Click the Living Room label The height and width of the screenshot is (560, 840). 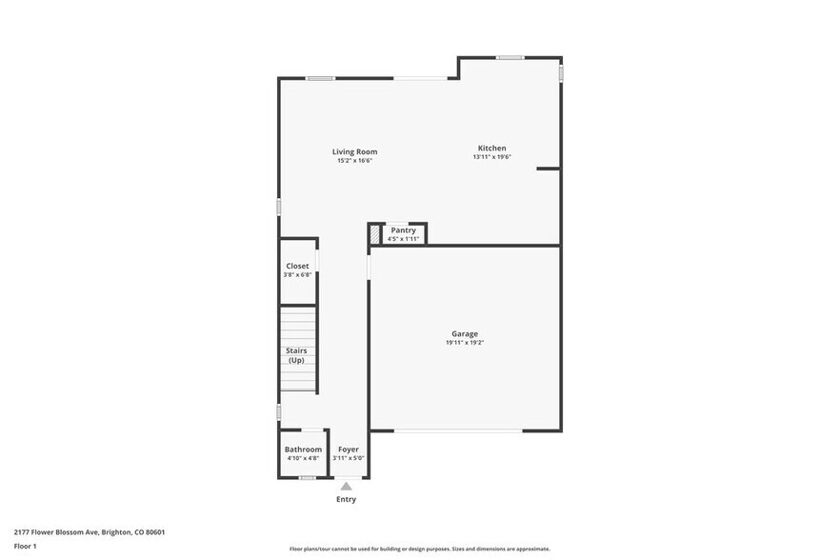point(354,151)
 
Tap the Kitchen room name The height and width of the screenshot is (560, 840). point(491,148)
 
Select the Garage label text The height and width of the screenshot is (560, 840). point(465,334)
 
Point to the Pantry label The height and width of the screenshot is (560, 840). point(403,230)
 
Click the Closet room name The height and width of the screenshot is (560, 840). point(297,266)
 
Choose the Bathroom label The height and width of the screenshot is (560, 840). point(303,450)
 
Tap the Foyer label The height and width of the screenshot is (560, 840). point(348,450)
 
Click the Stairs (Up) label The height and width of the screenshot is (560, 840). point(296,355)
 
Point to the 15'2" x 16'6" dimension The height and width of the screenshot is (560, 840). point(354,161)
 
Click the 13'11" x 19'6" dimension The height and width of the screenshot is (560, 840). point(491,157)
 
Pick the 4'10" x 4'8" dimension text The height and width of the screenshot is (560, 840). point(303,458)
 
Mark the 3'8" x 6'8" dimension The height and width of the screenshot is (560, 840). point(297,274)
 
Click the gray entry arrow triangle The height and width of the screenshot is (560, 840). point(346,487)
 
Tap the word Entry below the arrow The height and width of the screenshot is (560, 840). point(346,499)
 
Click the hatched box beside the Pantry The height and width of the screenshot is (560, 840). point(375,233)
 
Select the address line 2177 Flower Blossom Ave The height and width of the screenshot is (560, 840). point(83,532)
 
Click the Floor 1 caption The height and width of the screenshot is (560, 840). point(25,546)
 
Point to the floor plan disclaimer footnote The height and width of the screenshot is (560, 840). point(419,549)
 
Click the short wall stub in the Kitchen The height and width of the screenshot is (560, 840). point(548,169)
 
